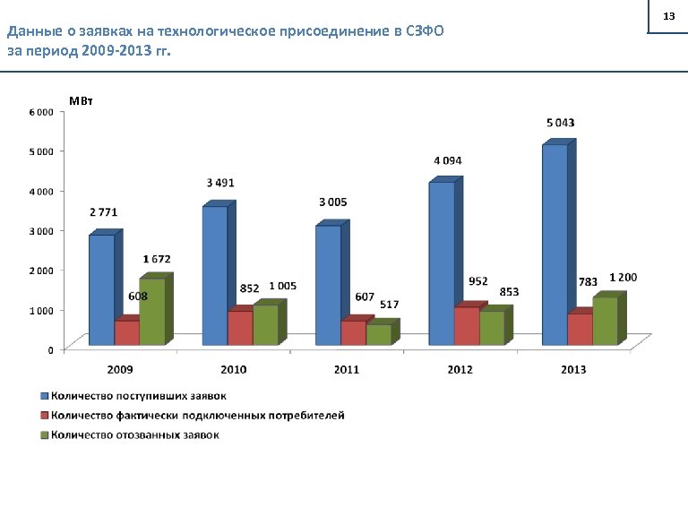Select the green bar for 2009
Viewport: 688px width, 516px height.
click(x=151, y=311)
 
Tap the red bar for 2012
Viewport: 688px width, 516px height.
click(x=467, y=326)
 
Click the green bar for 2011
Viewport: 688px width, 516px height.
click(x=378, y=334)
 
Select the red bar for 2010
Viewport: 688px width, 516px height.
click(x=240, y=328)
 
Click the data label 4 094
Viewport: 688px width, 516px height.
click(x=448, y=160)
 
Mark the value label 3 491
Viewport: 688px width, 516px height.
click(x=220, y=183)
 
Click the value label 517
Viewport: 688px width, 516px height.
click(x=389, y=305)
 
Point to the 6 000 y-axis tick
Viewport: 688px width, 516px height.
click(x=40, y=112)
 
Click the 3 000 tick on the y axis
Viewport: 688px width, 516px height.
click(x=40, y=230)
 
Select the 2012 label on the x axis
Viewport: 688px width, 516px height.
click(x=460, y=369)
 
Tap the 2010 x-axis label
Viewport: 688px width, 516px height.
click(x=234, y=369)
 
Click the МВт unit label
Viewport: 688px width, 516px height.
click(x=81, y=100)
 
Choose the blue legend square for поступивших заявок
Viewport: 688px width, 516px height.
click(x=42, y=395)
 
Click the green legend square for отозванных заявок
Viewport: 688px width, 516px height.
click(x=42, y=435)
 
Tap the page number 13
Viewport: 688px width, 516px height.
click(x=667, y=17)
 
